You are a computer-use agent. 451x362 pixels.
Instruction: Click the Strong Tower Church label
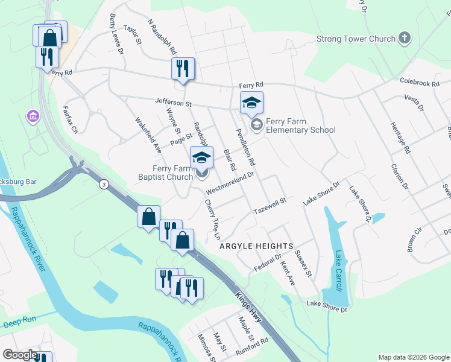coord(356,39)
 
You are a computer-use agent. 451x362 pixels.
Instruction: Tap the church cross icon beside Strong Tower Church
coord(405,39)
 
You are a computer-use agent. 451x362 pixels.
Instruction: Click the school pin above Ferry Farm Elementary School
coord(252,103)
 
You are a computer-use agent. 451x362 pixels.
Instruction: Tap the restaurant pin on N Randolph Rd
coord(182,69)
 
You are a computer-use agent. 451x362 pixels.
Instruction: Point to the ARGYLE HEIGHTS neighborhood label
coord(256,246)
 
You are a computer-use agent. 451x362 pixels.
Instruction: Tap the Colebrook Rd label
coord(418,83)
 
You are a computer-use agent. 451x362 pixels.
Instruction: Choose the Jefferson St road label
coord(172,103)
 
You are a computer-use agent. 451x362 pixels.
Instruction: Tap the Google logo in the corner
coord(20,355)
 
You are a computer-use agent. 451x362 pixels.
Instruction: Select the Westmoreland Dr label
coord(230,183)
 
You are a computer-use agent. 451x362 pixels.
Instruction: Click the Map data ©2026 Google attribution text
coord(414,357)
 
